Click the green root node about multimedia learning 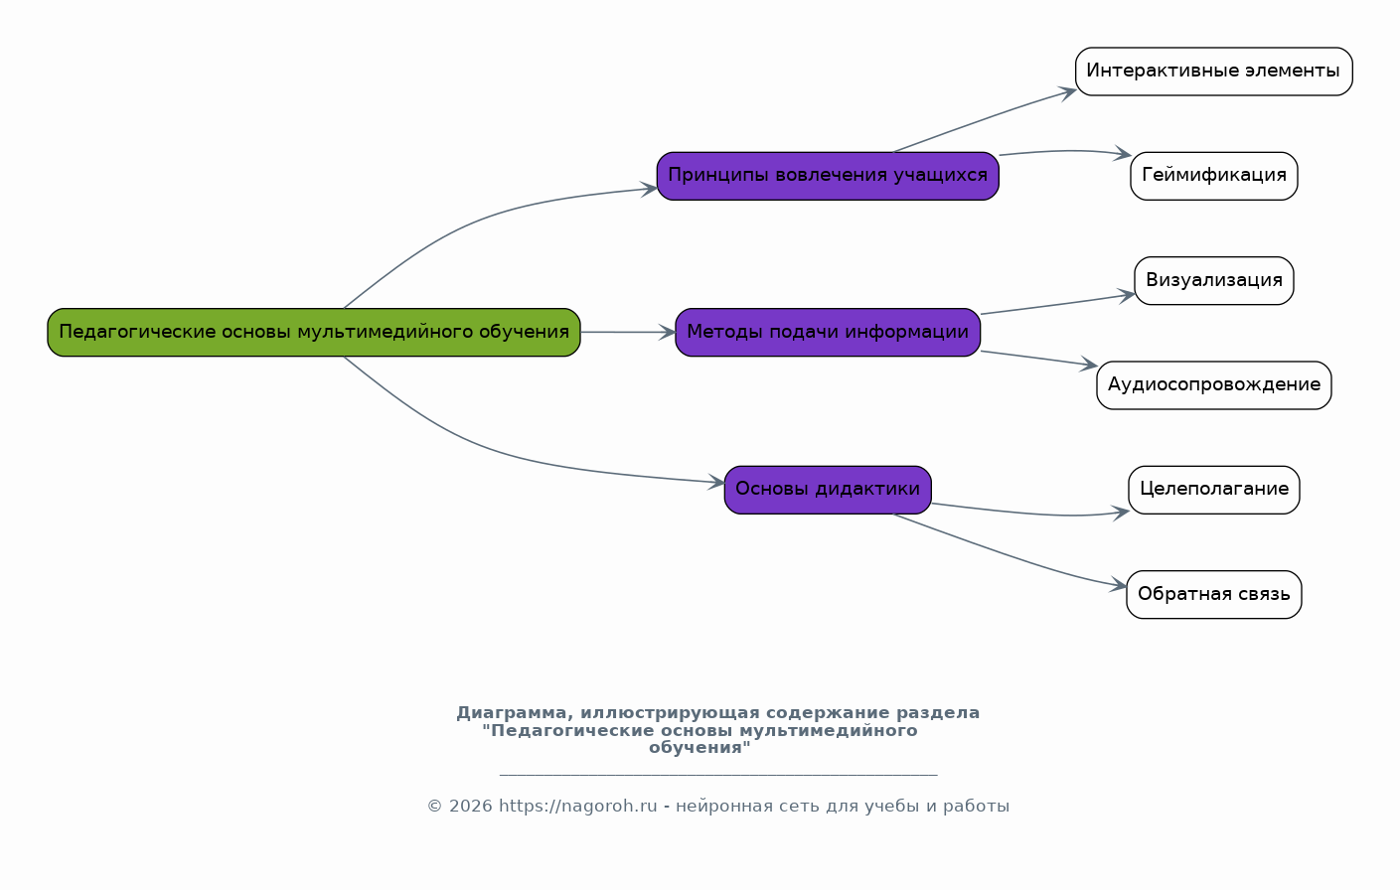coord(314,332)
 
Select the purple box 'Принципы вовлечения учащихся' coord(828,176)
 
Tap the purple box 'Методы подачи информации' coord(828,332)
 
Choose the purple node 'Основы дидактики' coord(828,490)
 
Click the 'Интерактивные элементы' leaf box coord(1214,72)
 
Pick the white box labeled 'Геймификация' coord(1214,176)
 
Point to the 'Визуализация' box coord(1214,281)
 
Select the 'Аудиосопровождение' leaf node coord(1214,385)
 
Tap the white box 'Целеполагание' coord(1214,490)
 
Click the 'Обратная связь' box coord(1214,594)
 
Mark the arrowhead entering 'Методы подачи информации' coord(667,333)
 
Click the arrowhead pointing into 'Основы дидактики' coord(716,482)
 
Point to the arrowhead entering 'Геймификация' coord(1123,153)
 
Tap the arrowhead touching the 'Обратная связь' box coord(1118,586)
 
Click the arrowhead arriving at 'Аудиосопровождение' coord(1089,365)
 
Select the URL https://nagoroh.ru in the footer coord(578,807)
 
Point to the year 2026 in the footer coord(471,807)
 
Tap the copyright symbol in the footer coord(434,807)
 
